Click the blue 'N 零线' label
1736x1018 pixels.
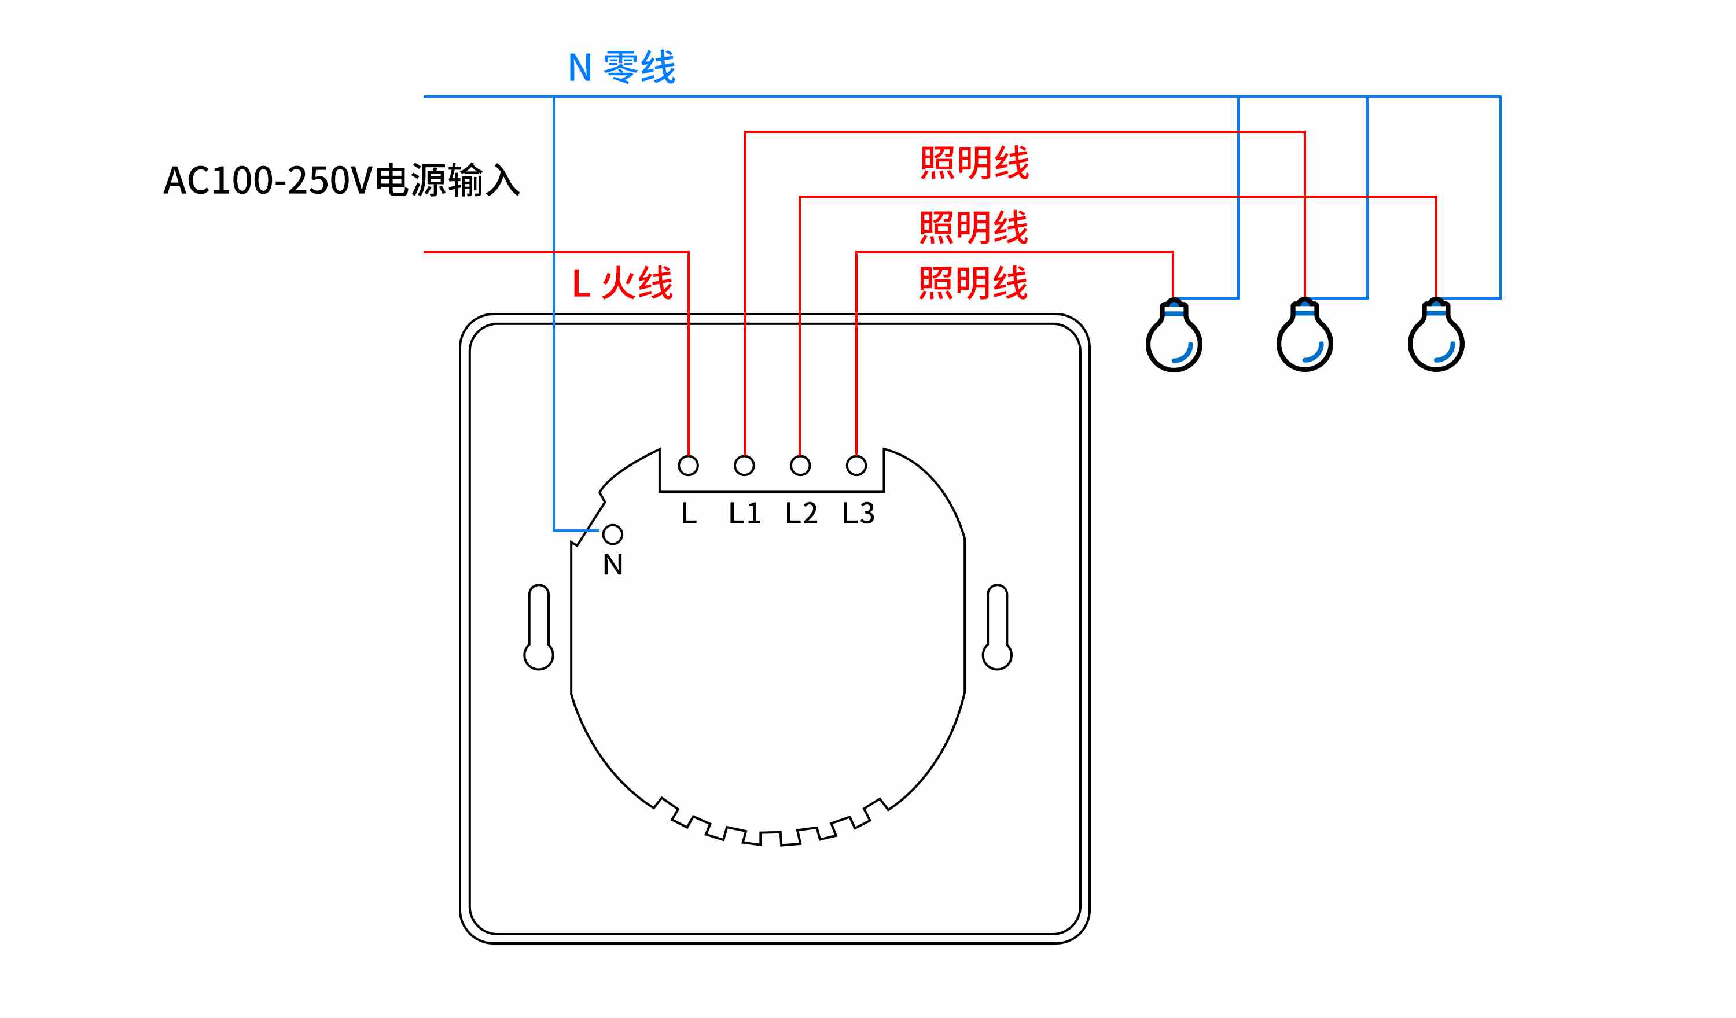621,67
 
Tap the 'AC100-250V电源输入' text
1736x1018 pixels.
341,180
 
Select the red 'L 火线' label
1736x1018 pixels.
622,283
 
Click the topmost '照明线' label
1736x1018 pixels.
974,163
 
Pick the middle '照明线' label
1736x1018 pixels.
973,227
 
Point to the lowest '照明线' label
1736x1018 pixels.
973,283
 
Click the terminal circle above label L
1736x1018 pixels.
688,466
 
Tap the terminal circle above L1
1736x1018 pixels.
744,466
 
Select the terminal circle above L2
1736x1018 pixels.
800,466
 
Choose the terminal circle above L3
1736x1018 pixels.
856,466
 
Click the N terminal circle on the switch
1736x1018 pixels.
612,534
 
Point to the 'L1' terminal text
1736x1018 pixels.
745,513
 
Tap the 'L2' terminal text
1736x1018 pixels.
801,513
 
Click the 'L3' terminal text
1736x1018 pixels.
858,513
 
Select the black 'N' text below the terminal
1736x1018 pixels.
612,565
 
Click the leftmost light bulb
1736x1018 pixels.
1174,335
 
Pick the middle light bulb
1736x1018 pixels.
1305,335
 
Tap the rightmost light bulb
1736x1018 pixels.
1436,335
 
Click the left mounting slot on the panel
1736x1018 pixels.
539,627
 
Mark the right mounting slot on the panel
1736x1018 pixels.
997,627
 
